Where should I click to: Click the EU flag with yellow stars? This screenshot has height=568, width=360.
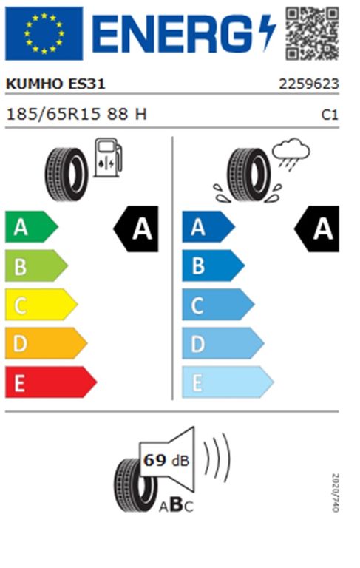44,33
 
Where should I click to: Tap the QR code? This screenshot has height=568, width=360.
312,33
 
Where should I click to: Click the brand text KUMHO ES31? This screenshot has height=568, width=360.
55,84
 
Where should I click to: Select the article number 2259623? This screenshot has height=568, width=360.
308,84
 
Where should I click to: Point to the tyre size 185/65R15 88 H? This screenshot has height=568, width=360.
76,114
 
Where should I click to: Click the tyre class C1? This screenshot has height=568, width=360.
330,115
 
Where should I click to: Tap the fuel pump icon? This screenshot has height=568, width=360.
108,158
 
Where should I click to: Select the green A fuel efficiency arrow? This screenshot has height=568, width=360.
32,227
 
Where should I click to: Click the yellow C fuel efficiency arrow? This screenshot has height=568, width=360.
41,304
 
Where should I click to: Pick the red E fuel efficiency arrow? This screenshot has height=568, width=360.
51,382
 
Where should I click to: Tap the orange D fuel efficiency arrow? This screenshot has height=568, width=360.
46,343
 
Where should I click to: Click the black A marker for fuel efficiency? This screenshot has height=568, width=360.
136,229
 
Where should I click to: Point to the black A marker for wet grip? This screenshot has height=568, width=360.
316,229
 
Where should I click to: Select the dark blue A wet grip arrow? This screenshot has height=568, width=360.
208,227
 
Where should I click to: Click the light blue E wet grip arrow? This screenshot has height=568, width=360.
228,382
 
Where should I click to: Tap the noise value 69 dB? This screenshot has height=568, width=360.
166,460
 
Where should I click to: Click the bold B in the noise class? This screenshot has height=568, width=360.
177,504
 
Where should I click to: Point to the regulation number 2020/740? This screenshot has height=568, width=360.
336,493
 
